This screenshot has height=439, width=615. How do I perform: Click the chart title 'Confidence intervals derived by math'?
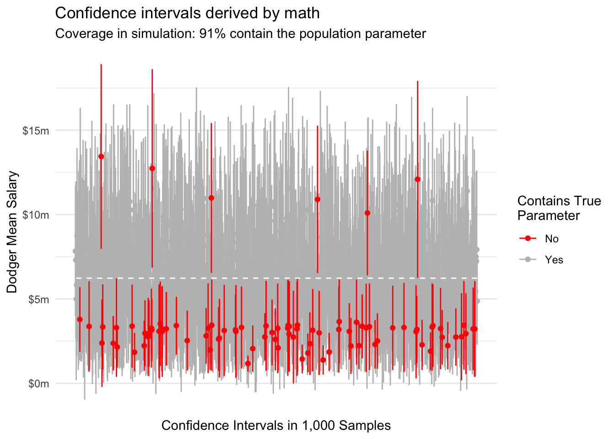187,13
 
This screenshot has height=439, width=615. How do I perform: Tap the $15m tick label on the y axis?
36,131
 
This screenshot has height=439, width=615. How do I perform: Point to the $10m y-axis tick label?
36,215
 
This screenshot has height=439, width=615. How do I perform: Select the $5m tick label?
38,300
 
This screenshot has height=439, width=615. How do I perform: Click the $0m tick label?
38,384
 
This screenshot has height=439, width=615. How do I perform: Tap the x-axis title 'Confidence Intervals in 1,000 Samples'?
276,426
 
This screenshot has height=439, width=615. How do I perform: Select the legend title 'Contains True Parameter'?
559,208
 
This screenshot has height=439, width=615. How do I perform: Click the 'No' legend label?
552,239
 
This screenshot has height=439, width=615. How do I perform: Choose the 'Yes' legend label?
554,260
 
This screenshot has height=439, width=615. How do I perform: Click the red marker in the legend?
528,239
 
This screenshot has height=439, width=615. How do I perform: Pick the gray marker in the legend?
528,260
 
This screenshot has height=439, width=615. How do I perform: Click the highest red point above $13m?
101,156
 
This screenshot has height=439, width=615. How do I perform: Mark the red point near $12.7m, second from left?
152,168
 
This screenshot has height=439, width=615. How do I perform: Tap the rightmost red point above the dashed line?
417,179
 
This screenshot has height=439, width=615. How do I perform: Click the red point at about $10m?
367,213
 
